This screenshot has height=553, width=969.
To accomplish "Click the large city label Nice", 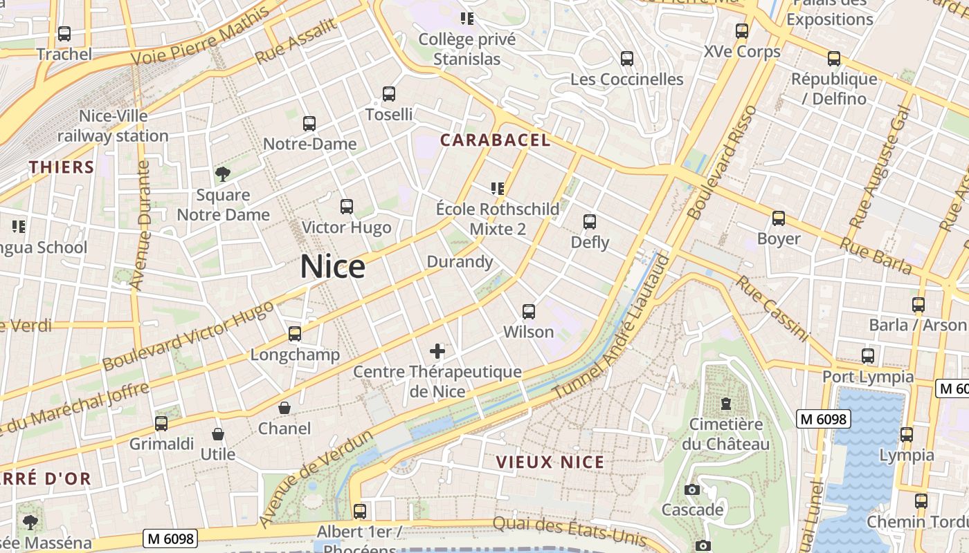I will (x=332, y=267).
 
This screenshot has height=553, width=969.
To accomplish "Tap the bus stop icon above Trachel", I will (x=64, y=33).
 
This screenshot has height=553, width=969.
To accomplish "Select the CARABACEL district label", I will (x=495, y=140).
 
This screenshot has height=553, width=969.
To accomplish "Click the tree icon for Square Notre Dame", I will (x=222, y=174).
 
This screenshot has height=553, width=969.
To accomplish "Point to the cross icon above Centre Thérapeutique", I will (x=437, y=351).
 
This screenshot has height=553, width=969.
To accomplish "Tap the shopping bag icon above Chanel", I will (x=284, y=408).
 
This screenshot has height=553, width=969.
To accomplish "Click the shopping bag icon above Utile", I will (x=218, y=434).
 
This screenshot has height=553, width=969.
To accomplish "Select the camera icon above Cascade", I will (x=691, y=490).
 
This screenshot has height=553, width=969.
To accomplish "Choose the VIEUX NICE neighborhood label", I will (x=550, y=462).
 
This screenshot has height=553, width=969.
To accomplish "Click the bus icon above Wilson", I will (x=529, y=312).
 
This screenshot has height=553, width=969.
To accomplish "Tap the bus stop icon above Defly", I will (x=590, y=222).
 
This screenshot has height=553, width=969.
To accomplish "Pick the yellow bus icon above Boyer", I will (x=779, y=218).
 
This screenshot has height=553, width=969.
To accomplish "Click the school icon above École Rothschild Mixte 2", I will (x=497, y=188).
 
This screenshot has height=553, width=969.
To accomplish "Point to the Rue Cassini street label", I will (x=772, y=308).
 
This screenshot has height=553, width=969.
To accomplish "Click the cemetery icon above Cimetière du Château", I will (x=725, y=403).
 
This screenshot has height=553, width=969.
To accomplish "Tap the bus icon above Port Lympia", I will (x=868, y=356).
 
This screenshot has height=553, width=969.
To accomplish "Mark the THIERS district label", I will (x=62, y=167).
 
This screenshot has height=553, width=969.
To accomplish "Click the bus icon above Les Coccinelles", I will (x=627, y=59).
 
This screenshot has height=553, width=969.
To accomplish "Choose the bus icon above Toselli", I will (x=389, y=93).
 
